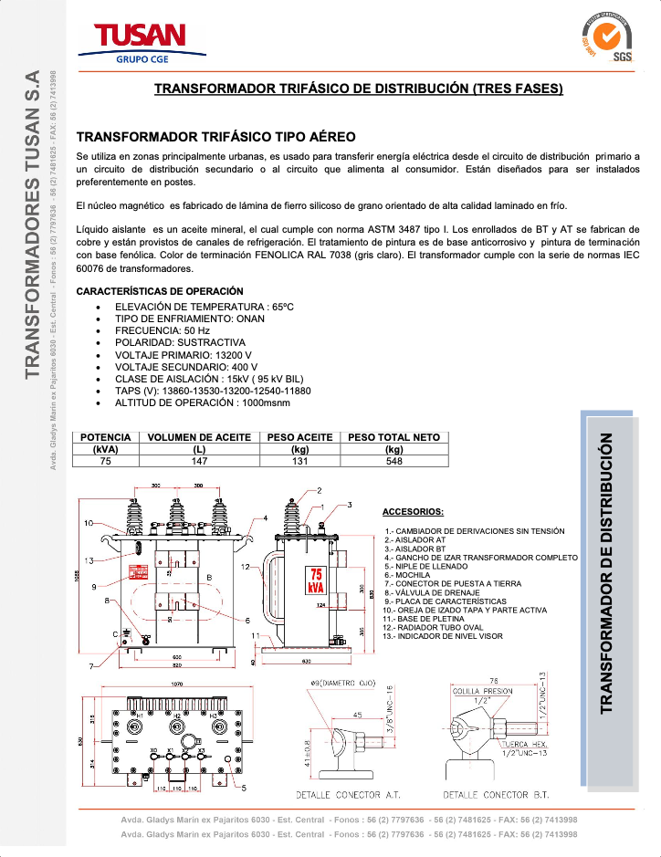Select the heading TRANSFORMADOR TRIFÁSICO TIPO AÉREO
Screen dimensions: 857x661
coord(215,138)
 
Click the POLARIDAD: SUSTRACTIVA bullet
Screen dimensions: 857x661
coord(180,342)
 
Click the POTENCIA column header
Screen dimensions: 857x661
coord(105,437)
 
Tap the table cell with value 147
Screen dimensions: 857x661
coord(199,461)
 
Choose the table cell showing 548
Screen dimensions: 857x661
coord(394,461)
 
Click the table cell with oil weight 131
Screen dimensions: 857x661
coord(299,461)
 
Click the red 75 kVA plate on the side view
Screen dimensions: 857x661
coord(316,580)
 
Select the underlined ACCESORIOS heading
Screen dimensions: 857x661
coord(413,512)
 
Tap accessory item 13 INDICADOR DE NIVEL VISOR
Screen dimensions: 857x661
coord(446,636)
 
